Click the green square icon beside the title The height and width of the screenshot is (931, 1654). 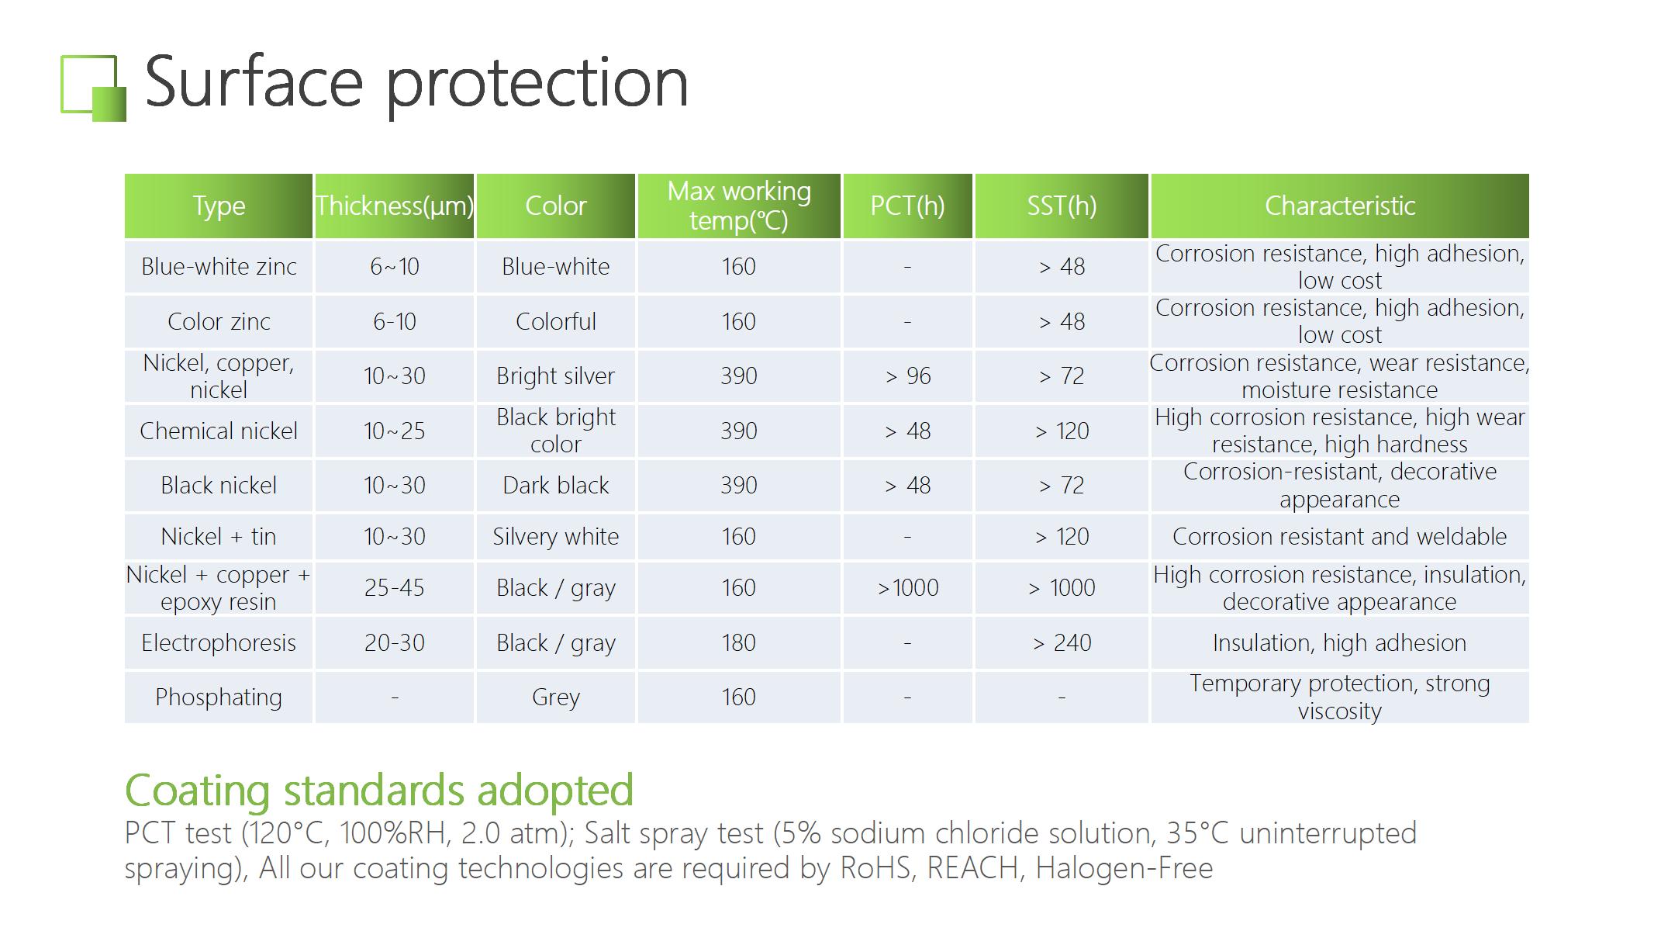click(93, 88)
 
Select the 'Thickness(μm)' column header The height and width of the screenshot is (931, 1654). click(395, 206)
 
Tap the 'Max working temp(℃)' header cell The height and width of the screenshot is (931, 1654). click(739, 206)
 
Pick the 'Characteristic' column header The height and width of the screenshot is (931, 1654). click(1340, 206)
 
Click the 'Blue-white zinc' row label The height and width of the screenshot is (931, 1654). click(219, 267)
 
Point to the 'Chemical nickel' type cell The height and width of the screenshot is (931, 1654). click(219, 431)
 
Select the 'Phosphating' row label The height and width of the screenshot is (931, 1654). click(219, 697)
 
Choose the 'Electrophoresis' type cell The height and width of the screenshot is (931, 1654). click(219, 642)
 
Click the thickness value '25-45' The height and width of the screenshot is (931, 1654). click(395, 587)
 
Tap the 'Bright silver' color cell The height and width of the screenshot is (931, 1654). click(556, 376)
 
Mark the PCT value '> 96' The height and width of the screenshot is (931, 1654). click(908, 376)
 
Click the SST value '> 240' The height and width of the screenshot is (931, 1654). click(1062, 642)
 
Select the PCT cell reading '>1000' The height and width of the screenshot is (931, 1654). click(908, 587)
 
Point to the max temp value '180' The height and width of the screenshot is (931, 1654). click(738, 642)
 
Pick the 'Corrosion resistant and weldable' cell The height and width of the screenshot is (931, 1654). click(1340, 536)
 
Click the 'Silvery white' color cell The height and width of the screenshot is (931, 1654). click(556, 536)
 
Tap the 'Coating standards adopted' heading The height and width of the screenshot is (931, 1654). click(379, 791)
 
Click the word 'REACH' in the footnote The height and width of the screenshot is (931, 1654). click(973, 868)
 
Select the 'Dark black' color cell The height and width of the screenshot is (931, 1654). click(556, 486)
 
